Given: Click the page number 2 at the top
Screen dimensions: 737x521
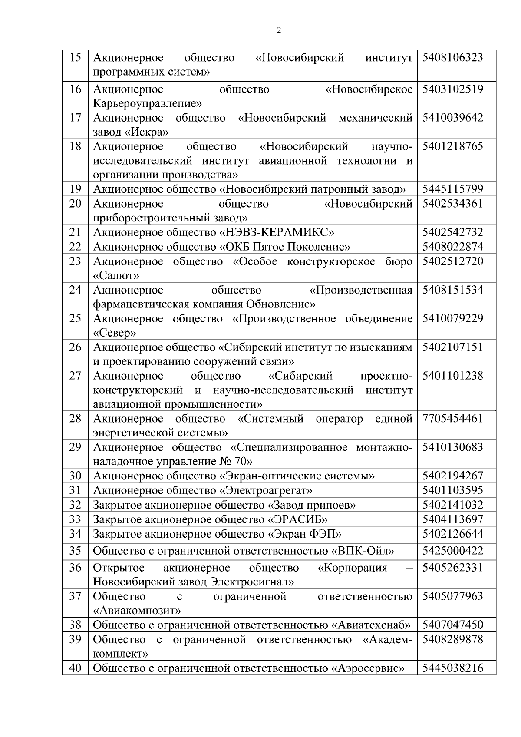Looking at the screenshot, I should (279, 30).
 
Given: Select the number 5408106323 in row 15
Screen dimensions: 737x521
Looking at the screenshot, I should (452, 58).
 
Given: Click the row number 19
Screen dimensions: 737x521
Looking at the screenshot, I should (76, 189).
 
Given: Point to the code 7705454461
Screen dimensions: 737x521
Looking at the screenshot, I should (452, 419).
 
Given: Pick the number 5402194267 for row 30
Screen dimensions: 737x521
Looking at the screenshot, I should (452, 476).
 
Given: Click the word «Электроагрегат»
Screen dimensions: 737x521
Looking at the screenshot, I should (265, 491).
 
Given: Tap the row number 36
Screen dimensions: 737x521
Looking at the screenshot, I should (76, 568).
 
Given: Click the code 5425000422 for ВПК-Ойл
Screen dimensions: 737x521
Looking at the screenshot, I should (452, 551).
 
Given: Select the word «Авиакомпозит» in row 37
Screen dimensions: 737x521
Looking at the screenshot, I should (137, 611).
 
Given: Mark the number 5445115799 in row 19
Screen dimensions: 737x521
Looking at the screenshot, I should (452, 189).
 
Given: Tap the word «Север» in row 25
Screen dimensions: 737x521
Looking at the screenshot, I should (115, 333).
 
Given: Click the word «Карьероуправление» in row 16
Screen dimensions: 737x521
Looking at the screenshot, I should (148, 103).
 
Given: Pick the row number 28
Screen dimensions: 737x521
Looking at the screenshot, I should (76, 419).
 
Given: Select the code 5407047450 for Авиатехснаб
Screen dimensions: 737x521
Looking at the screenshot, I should (452, 625).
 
